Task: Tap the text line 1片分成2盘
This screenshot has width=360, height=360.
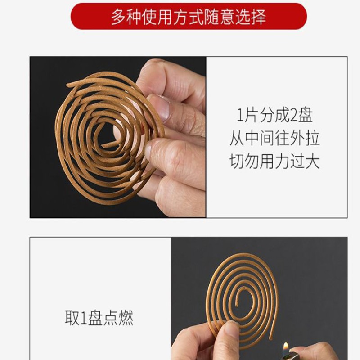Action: coord(274,116)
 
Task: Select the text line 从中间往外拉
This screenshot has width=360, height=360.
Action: coord(274,138)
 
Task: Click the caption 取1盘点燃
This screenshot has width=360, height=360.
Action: coord(99,318)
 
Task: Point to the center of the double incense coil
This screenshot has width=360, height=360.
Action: coord(110,135)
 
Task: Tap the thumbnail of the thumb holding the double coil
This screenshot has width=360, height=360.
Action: coord(158,108)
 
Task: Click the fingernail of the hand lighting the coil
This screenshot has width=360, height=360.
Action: coord(232,329)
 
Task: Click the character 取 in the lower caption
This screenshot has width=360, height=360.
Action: coord(72,318)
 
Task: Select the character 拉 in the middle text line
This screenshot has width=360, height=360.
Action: coord(311,138)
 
